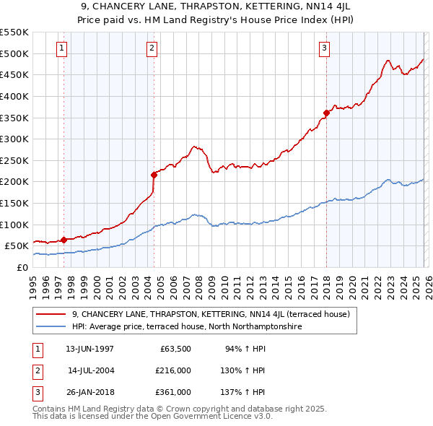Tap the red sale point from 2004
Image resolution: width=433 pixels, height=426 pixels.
click(154, 174)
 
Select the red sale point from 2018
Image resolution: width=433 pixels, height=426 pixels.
click(326, 113)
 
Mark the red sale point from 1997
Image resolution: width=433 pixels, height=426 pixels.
click(64, 240)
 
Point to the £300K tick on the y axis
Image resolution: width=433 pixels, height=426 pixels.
click(14, 139)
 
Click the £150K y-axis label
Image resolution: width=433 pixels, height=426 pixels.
click(14, 203)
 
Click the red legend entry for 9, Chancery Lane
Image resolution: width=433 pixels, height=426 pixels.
click(210, 314)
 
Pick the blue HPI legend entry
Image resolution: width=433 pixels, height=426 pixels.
click(186, 327)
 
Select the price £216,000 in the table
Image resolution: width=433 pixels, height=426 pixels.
click(173, 370)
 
